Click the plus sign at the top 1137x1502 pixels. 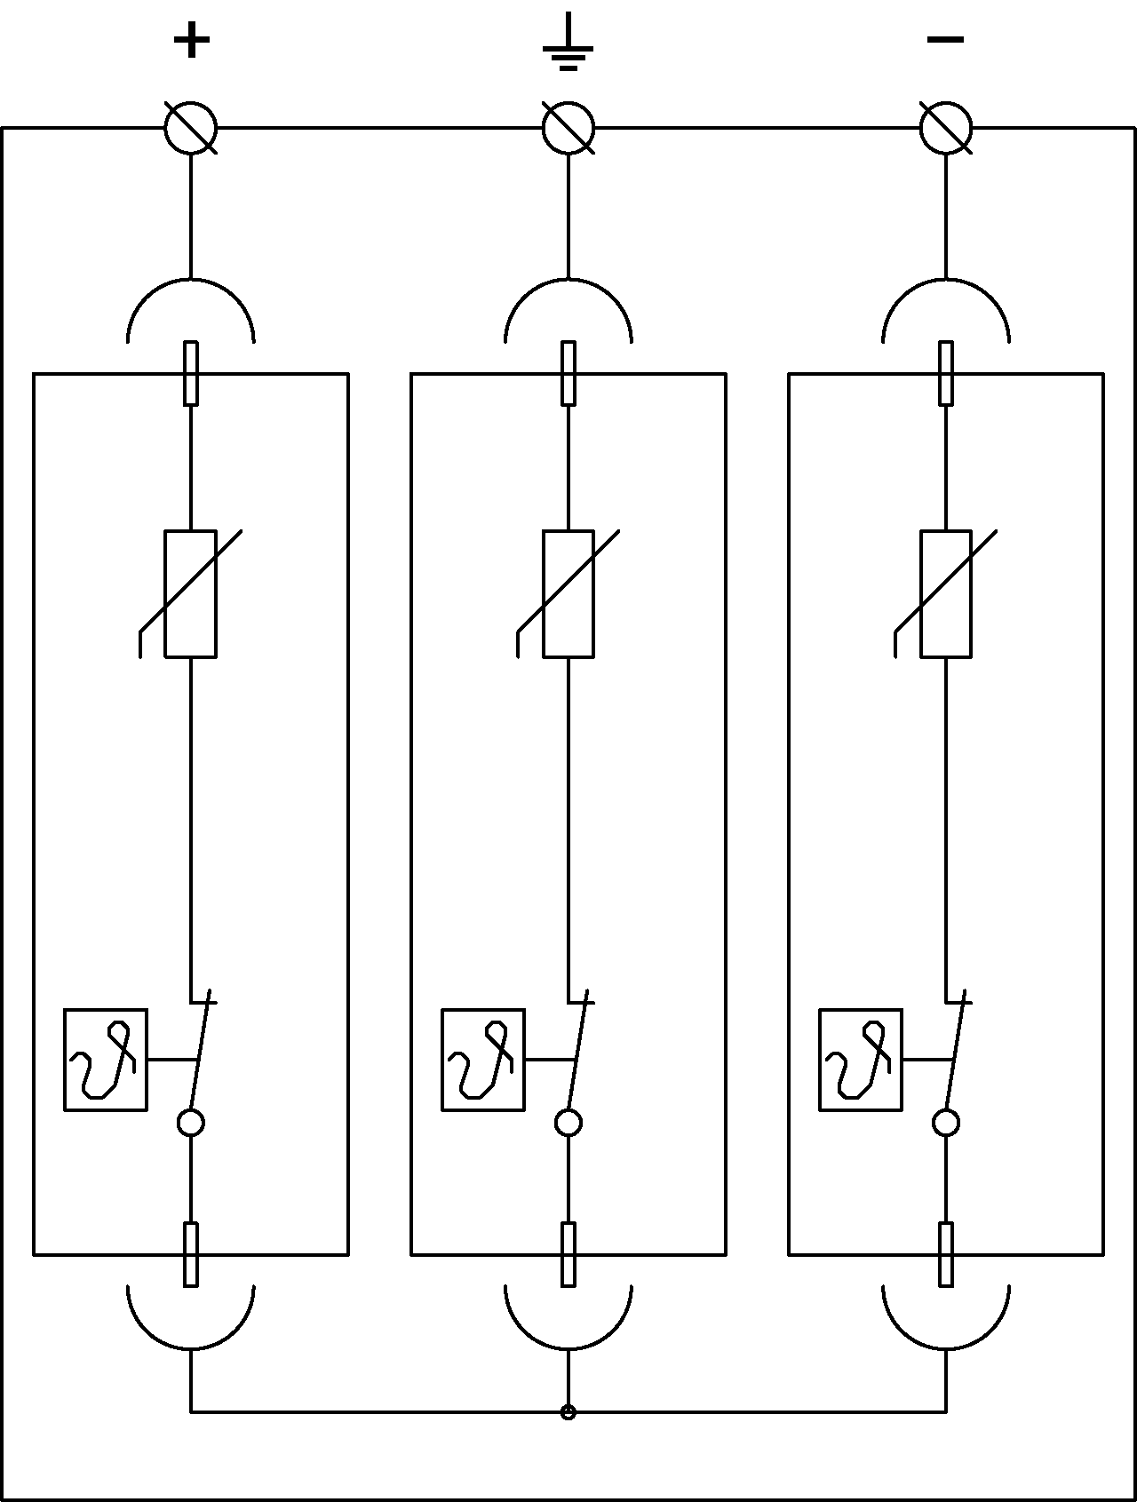[x=191, y=41]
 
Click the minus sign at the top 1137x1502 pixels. [x=945, y=39]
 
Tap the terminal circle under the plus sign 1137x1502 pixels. [x=191, y=128]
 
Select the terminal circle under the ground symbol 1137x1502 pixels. [x=568, y=128]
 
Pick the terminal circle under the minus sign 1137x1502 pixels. [x=946, y=128]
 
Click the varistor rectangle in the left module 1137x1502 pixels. [x=191, y=593]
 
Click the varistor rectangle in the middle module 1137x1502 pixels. [x=568, y=593]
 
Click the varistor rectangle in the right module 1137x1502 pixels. [x=946, y=593]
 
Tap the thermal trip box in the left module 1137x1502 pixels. [x=106, y=1060]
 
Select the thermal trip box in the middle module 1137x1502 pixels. [x=483, y=1060]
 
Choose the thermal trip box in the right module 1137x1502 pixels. [x=861, y=1060]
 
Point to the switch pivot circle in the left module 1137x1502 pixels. [x=191, y=1123]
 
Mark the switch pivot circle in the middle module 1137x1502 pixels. [x=568, y=1123]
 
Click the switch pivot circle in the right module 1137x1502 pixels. [x=946, y=1123]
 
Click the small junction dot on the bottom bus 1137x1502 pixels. [x=568, y=1412]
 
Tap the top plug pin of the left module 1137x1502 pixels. [x=191, y=373]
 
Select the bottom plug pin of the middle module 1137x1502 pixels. [x=568, y=1254]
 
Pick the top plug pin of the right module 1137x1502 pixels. [x=946, y=373]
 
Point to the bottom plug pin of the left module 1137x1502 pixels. [x=191, y=1254]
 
